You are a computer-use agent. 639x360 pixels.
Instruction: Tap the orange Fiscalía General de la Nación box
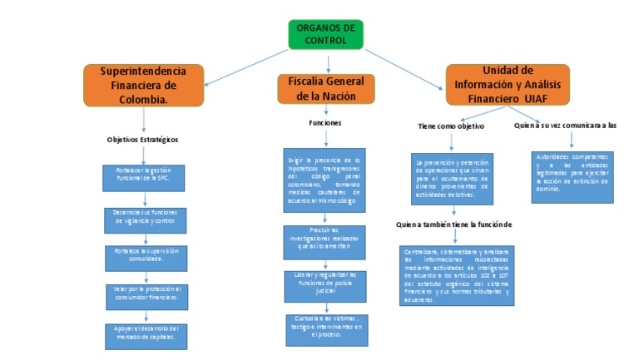[x=326, y=88]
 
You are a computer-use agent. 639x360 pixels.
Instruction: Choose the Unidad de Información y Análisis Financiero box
[x=508, y=85]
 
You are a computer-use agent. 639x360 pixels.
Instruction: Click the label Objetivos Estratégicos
[x=143, y=140]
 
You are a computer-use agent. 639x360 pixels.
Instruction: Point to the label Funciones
[x=324, y=123]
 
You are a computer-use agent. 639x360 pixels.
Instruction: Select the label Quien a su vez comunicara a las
[x=565, y=126]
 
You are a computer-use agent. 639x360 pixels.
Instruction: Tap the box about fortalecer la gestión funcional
[x=145, y=177]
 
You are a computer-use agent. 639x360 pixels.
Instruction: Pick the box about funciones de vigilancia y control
[x=145, y=219]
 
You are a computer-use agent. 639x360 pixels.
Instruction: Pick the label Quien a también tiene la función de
[x=453, y=224]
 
